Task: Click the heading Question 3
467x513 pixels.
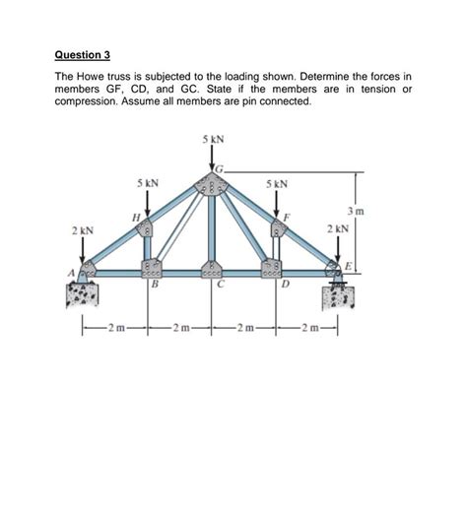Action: [83, 55]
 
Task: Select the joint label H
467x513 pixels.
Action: [135, 216]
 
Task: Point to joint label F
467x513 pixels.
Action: [288, 216]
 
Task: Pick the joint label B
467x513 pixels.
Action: [155, 287]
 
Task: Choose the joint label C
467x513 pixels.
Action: [223, 287]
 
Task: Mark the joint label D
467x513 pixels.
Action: [285, 287]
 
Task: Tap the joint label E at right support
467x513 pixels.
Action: [346, 267]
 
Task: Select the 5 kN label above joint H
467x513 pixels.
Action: [148, 182]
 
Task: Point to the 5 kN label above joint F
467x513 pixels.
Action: [277, 182]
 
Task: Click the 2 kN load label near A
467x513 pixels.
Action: [82, 230]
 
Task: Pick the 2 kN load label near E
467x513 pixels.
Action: [336, 229]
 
